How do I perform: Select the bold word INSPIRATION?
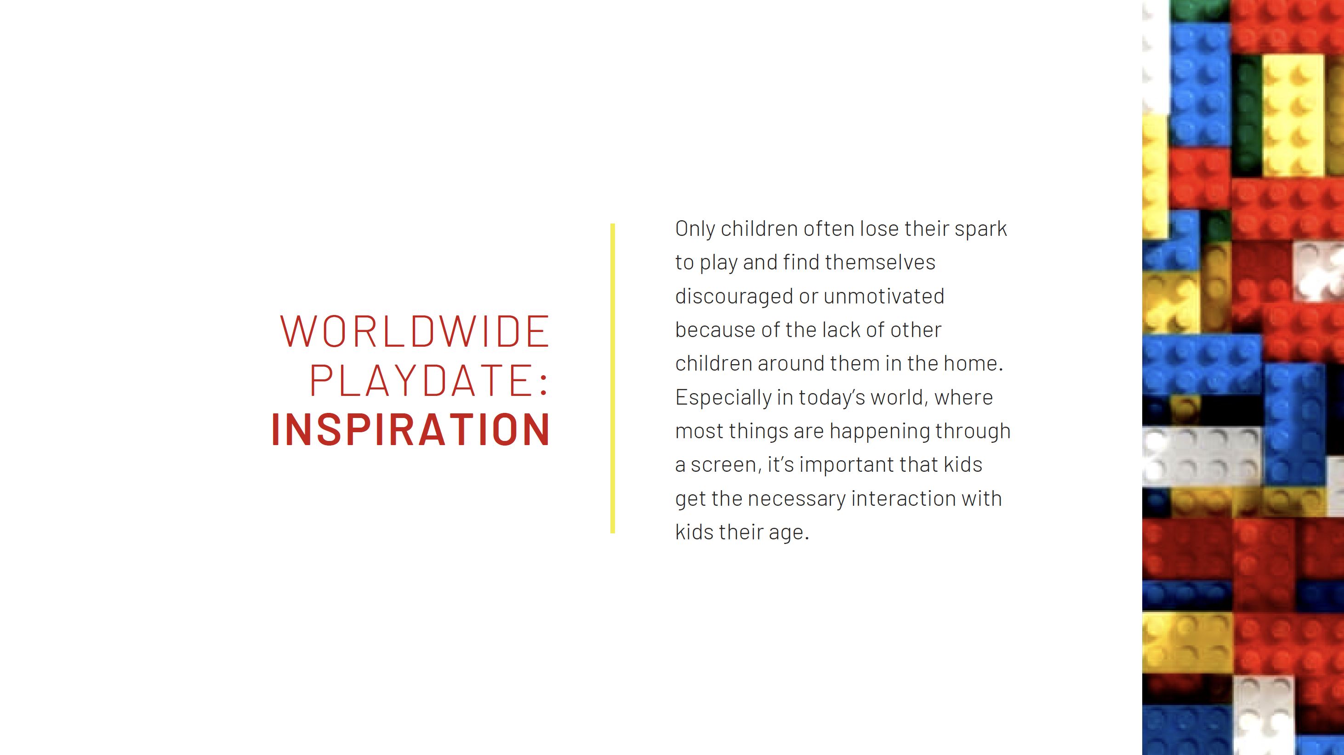410,429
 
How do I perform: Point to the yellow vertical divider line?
613,378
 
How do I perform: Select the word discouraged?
734,297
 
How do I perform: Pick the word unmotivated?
884,297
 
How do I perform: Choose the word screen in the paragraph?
723,465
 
